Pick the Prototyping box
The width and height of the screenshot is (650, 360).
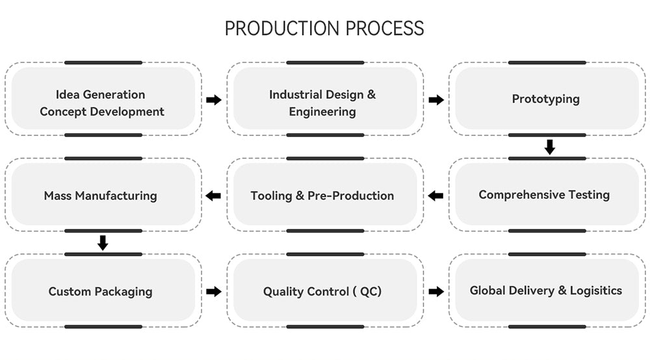pyautogui.click(x=546, y=99)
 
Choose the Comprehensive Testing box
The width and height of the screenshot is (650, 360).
pyautogui.click(x=546, y=195)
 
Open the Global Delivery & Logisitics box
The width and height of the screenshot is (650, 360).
pyautogui.click(x=546, y=290)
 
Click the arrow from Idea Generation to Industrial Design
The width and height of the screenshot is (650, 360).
pyautogui.click(x=214, y=100)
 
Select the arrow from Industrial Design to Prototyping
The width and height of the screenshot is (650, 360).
pyautogui.click(x=436, y=100)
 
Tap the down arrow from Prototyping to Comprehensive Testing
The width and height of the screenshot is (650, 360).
pyautogui.click(x=550, y=147)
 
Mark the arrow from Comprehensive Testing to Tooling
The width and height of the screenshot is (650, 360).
pyautogui.click(x=435, y=196)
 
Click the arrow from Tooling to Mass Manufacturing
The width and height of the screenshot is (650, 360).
pyautogui.click(x=213, y=196)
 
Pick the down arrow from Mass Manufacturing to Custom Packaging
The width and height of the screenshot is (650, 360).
pyautogui.click(x=103, y=243)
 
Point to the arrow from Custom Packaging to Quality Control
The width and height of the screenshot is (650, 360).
pyautogui.click(x=214, y=292)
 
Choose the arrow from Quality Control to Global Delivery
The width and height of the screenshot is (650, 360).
pyautogui.click(x=436, y=292)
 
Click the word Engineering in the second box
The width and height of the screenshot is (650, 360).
pyautogui.click(x=322, y=112)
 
